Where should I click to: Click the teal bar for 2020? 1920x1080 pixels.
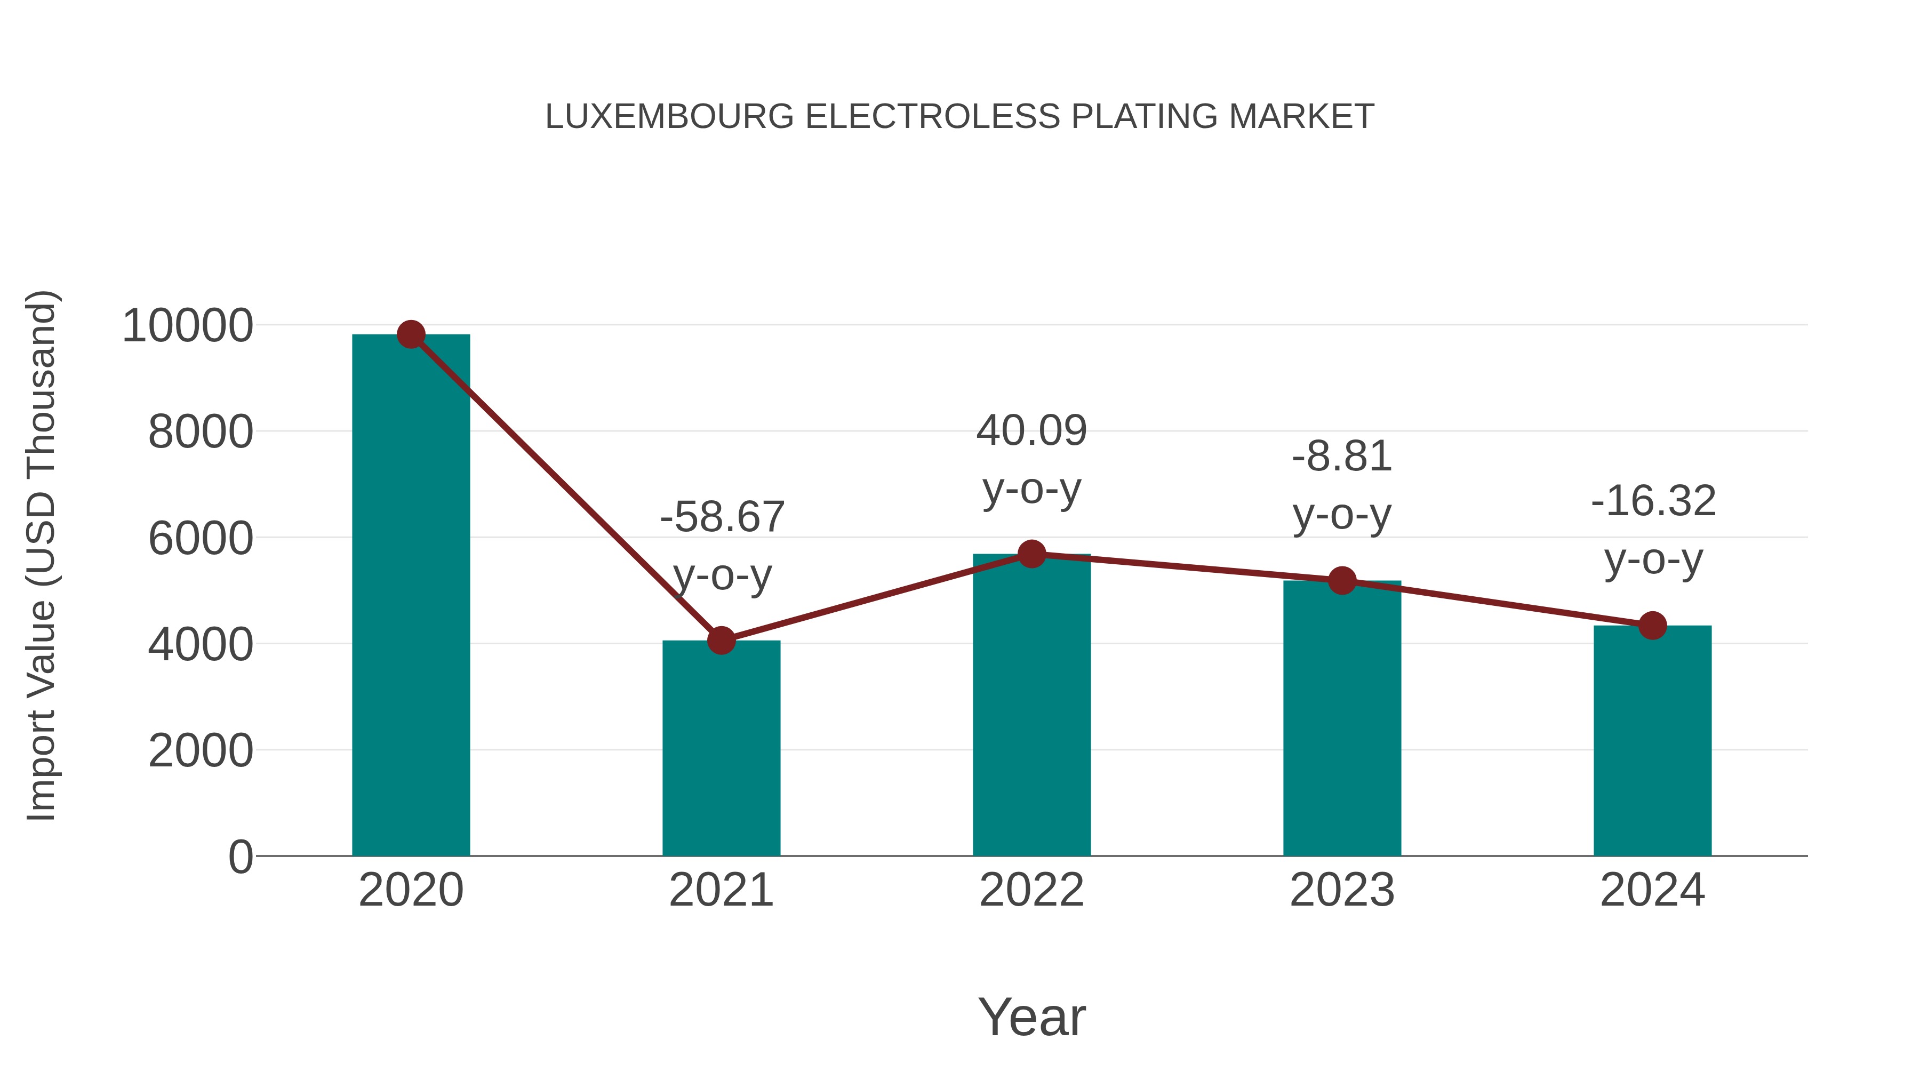[x=411, y=596]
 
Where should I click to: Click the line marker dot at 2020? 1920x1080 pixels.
[x=411, y=334]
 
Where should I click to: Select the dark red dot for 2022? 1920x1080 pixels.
[x=1031, y=554]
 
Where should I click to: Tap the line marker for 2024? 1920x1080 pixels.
[x=1652, y=626]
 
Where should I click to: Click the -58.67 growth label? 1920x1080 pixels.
[x=722, y=516]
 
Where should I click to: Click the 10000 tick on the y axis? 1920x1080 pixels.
[x=187, y=326]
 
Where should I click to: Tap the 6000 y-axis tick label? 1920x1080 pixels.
[x=201, y=538]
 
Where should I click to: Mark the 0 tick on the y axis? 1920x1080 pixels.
[x=240, y=857]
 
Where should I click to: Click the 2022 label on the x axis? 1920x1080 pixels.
[x=1031, y=890]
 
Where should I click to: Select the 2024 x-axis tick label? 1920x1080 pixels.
[x=1652, y=890]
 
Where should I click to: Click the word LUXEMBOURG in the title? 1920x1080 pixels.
[x=669, y=117]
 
